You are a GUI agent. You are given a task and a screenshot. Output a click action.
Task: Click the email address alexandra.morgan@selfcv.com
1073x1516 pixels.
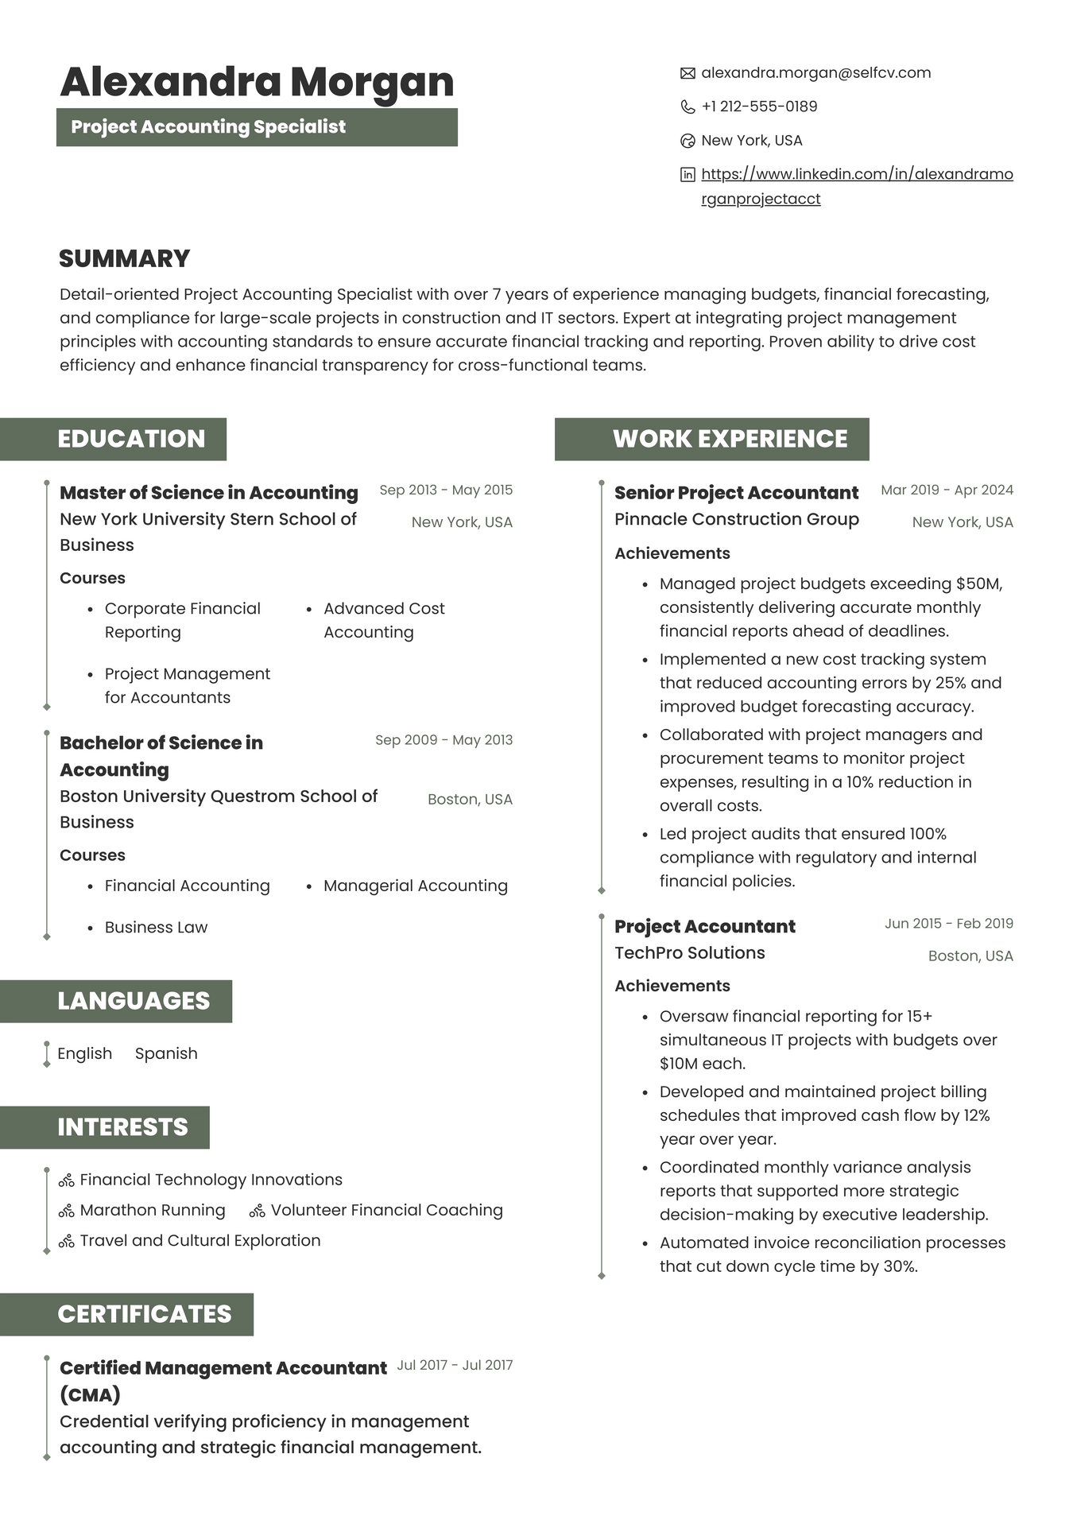pyautogui.click(x=815, y=73)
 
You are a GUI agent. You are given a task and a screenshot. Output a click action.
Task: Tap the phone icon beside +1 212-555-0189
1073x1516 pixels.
pyautogui.click(x=688, y=107)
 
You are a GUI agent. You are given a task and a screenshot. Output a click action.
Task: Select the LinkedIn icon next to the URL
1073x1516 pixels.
pyautogui.click(x=688, y=175)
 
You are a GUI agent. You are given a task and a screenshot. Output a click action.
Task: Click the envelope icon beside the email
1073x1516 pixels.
pyautogui.click(x=688, y=73)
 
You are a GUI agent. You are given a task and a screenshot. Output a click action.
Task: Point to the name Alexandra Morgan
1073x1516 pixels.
pyautogui.click(x=257, y=82)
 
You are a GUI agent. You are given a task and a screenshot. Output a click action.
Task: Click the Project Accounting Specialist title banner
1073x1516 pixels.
pyautogui.click(x=257, y=127)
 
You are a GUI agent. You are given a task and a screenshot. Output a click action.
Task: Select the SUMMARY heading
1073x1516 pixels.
pyautogui.click(x=125, y=258)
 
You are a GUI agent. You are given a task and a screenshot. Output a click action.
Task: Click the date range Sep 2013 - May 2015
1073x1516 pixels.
pyautogui.click(x=446, y=490)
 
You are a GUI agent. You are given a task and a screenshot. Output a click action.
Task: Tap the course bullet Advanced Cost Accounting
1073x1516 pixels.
pyautogui.click(x=384, y=620)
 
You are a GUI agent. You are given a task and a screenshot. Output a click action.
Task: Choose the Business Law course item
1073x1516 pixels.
pyautogui.click(x=156, y=928)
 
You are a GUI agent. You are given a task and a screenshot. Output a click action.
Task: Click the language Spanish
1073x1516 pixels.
pyautogui.click(x=166, y=1054)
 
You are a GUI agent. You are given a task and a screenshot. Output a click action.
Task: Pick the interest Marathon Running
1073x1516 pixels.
pyautogui.click(x=153, y=1211)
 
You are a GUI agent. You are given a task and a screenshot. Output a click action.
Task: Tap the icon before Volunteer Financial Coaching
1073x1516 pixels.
pyautogui.click(x=257, y=1212)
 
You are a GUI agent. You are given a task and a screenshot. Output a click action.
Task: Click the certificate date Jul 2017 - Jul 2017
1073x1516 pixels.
pyautogui.click(x=455, y=1366)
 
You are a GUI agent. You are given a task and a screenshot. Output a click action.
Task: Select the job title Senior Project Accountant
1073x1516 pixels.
pyautogui.click(x=736, y=493)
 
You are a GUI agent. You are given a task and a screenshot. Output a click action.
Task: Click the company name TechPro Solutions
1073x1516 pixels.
pyautogui.click(x=689, y=953)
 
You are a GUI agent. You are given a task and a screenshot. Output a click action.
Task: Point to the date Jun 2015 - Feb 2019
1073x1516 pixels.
pyautogui.click(x=948, y=924)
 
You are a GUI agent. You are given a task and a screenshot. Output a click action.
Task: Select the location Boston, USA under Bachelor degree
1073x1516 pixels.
pyautogui.click(x=470, y=800)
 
